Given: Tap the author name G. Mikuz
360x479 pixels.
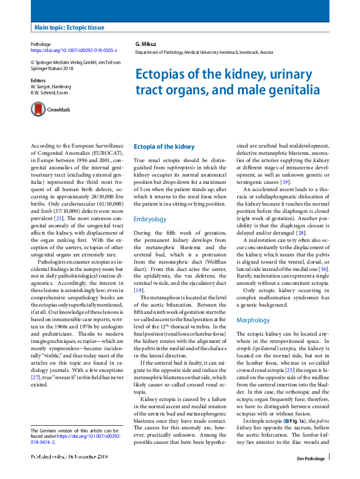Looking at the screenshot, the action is click(146, 45).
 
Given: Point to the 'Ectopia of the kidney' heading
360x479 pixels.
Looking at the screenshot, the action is click(164, 147).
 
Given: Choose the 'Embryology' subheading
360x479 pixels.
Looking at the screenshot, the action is click(149, 220).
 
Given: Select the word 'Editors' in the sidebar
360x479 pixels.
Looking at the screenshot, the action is click(38, 80).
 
